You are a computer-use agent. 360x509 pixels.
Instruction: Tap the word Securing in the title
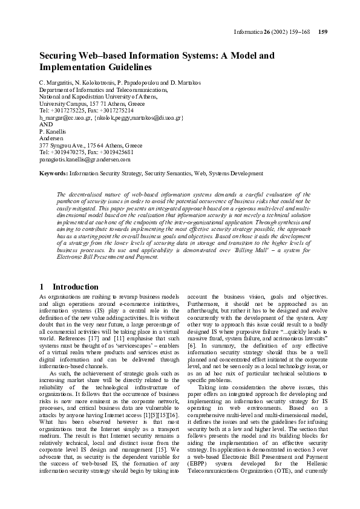pos(59,55)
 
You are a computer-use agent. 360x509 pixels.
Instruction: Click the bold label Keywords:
pos(53,173)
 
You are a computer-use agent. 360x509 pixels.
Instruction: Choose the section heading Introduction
pos(75,287)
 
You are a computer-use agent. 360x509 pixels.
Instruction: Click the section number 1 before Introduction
pos(41,287)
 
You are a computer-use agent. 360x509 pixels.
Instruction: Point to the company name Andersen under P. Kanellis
pos(51,138)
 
